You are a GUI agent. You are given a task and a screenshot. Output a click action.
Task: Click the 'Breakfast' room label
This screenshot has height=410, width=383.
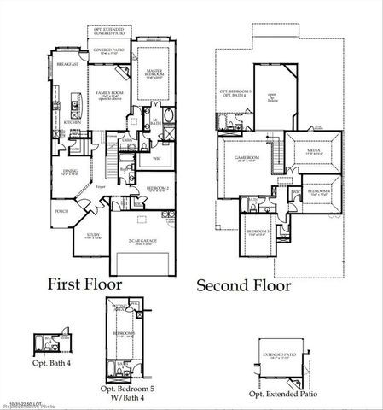tap(68, 65)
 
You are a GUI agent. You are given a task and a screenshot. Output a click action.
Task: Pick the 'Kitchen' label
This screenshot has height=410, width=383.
tap(73, 122)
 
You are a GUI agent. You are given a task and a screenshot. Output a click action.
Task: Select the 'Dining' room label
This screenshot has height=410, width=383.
tap(71, 171)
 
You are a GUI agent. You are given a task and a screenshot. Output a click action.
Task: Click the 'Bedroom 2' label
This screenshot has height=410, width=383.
tap(157, 187)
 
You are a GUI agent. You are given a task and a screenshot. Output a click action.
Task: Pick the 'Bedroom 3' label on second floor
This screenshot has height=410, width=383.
tap(258, 231)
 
